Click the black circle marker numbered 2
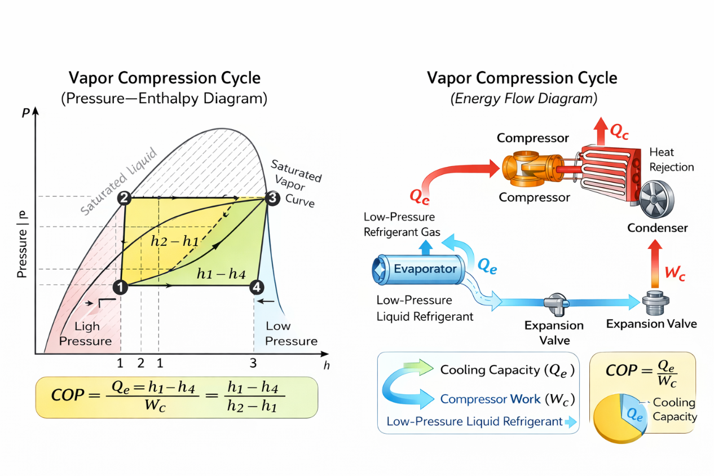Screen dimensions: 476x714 [x=125, y=198]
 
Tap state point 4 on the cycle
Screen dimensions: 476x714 [x=257, y=287]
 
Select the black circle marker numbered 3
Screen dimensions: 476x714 [x=272, y=198]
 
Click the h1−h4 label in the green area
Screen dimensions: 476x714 [x=221, y=274]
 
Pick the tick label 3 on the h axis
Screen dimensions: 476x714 [x=253, y=363]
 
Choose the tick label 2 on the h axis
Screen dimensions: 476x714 [x=141, y=363]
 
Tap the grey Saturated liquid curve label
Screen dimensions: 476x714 [x=118, y=182]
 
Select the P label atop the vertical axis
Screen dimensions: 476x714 [x=25, y=112]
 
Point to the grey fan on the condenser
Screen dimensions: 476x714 [x=656, y=200]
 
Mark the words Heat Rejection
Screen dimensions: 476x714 [x=671, y=160]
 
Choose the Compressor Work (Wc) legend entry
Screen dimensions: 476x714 [x=507, y=399]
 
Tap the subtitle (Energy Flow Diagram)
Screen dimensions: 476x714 [x=523, y=99]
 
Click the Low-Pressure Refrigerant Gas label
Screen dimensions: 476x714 [x=402, y=224]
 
